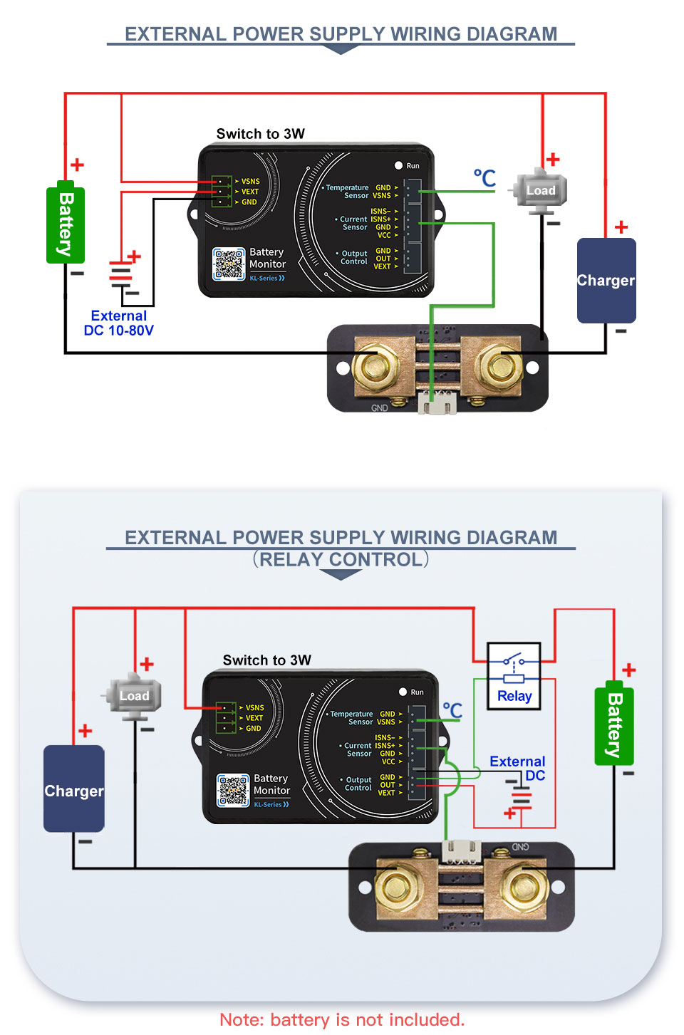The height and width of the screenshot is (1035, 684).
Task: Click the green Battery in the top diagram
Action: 66,224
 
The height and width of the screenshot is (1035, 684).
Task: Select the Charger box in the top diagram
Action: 606,280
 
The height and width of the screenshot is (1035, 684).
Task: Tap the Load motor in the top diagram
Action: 541,191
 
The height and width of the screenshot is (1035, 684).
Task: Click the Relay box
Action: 514,676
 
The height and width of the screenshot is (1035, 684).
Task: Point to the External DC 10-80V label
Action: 119,323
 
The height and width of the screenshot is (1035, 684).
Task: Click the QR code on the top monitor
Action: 229,264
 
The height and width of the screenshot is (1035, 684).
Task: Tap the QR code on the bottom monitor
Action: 233,790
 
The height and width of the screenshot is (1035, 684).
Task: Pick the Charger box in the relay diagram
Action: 74,789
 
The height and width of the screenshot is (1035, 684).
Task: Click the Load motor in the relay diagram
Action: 134,695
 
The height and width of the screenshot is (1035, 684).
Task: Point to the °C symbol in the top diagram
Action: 484,177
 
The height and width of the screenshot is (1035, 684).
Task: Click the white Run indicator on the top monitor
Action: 399,165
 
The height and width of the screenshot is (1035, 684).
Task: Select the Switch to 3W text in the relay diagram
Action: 266,660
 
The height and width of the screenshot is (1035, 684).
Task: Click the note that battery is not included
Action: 342,1019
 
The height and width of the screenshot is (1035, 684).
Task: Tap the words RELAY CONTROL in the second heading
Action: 341,560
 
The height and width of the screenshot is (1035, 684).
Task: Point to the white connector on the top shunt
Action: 437,403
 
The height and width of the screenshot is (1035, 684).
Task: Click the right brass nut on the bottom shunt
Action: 522,888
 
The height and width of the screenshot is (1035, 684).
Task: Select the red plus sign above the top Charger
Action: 621,227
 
